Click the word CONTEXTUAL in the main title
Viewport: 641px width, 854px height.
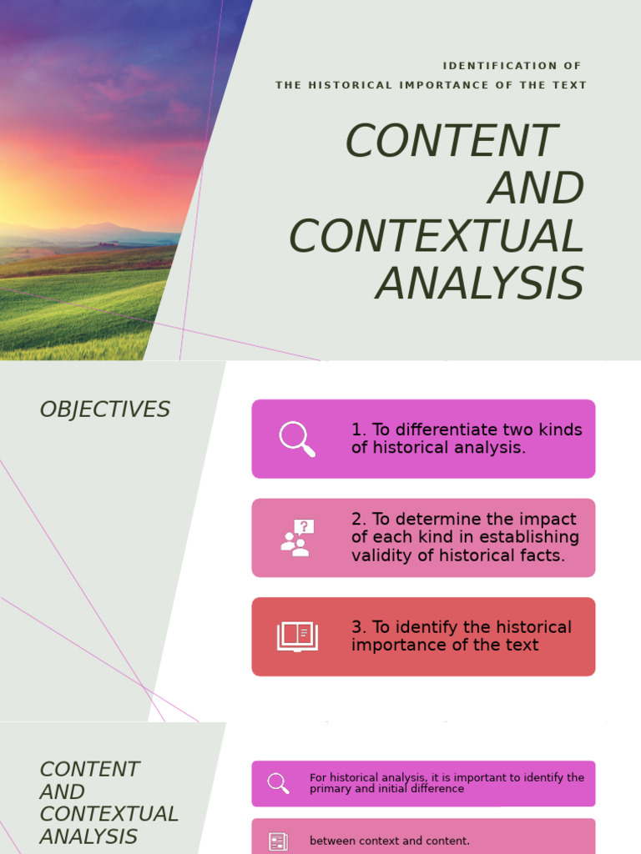[x=436, y=237]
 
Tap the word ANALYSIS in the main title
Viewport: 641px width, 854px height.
[x=479, y=284]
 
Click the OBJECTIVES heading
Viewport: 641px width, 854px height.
[x=104, y=409]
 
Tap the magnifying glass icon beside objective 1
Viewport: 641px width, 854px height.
[x=297, y=439]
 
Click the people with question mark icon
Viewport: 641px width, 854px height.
[x=297, y=538]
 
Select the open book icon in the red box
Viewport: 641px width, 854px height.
[x=297, y=636]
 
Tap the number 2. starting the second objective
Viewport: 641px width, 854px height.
[x=359, y=520]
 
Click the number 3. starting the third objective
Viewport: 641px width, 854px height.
[x=359, y=627]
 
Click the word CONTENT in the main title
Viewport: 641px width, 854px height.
[x=451, y=141]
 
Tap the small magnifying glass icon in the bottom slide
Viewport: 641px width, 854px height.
[x=278, y=783]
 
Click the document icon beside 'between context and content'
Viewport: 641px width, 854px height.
[x=278, y=841]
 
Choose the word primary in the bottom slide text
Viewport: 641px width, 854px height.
[x=328, y=789]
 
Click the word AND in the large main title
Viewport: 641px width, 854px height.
[x=536, y=188]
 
